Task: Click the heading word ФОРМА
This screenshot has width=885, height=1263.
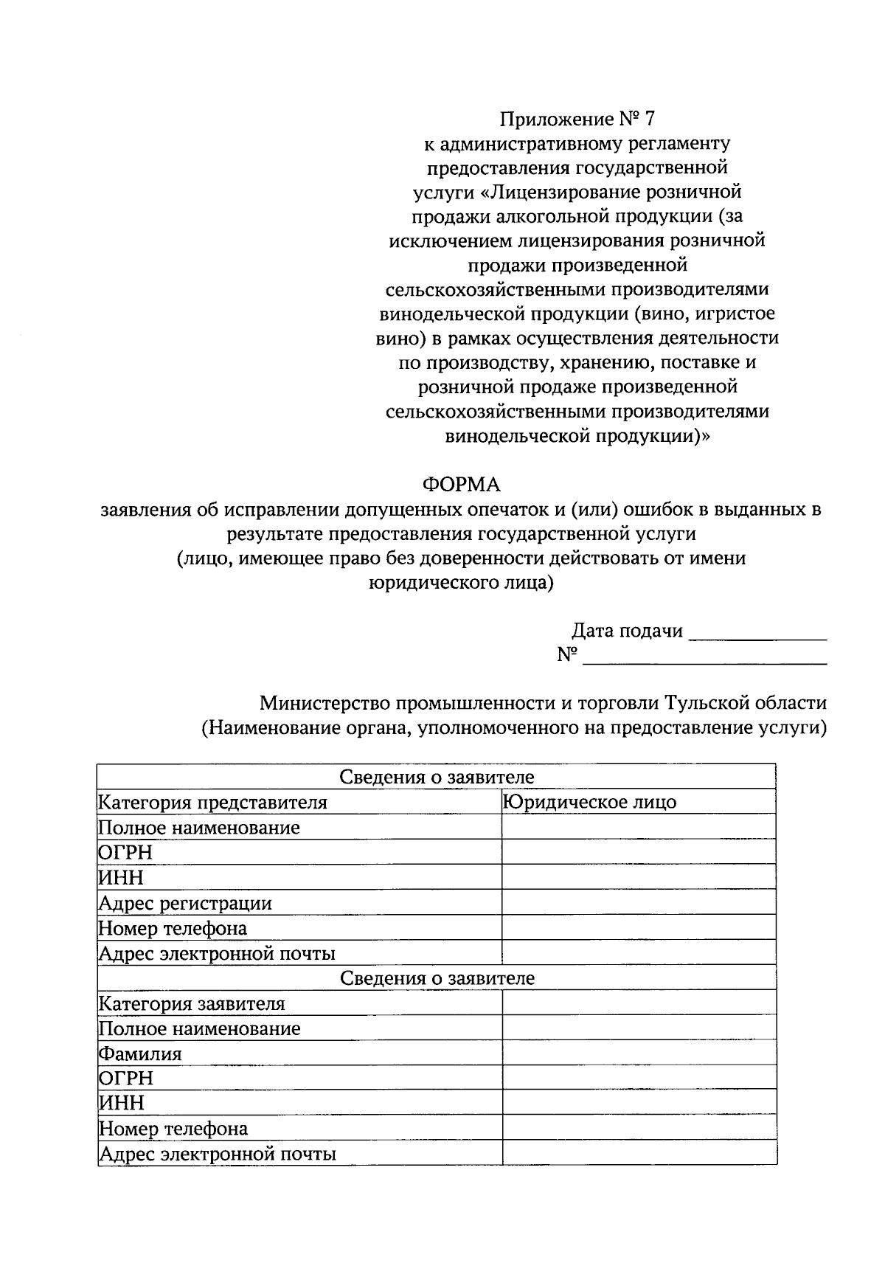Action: click(x=461, y=485)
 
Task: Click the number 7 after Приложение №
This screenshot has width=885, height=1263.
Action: click(x=649, y=118)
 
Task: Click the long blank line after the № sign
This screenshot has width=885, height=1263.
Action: click(x=704, y=657)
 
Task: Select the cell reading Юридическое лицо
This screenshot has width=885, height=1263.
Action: click(x=590, y=802)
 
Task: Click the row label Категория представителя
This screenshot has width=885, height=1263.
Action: click(x=213, y=802)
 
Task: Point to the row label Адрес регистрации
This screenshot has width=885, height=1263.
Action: click(x=185, y=903)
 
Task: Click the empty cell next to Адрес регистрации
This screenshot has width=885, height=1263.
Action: click(x=638, y=902)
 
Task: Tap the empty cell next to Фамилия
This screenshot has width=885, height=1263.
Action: click(x=638, y=1053)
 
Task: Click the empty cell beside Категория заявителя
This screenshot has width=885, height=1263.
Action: click(x=638, y=1003)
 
